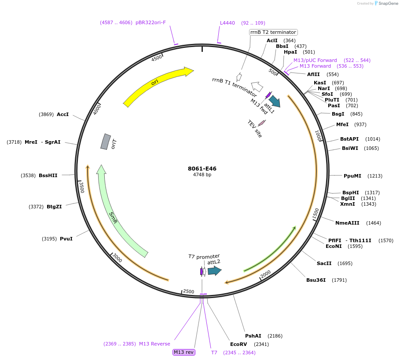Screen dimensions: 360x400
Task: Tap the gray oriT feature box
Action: click(x=105, y=142)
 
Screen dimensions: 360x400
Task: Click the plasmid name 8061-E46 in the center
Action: click(x=202, y=168)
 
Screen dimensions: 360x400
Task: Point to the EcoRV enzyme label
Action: click(x=239, y=344)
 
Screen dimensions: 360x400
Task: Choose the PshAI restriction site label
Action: click(x=253, y=336)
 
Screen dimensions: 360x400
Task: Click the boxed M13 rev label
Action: click(x=183, y=352)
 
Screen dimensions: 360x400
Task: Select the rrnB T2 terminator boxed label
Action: click(x=273, y=32)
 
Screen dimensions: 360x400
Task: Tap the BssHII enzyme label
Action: click(x=48, y=175)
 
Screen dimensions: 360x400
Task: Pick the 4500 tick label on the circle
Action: click(x=157, y=59)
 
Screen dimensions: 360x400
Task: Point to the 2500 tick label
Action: click(x=188, y=291)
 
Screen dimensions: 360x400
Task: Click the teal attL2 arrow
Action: click(x=214, y=271)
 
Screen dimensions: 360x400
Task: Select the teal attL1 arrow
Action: click(x=275, y=101)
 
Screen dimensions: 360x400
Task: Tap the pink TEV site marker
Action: click(x=262, y=123)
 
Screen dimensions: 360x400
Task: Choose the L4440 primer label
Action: click(x=228, y=23)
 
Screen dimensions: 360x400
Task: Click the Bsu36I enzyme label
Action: click(x=316, y=280)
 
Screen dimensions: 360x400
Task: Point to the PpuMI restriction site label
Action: click(x=352, y=176)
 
